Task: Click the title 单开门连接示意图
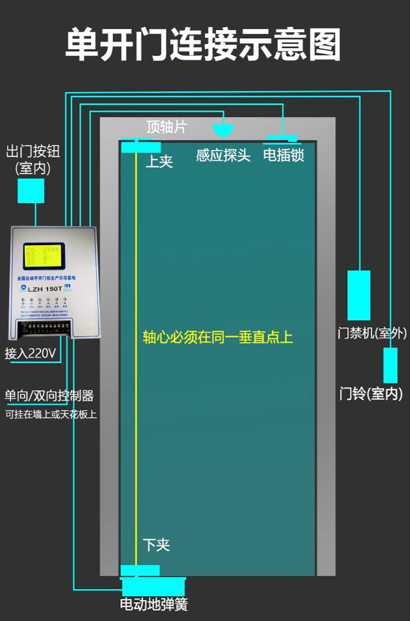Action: click(203, 45)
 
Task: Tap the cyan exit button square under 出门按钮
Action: click(31, 191)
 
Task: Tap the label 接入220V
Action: click(31, 353)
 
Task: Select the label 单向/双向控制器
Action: click(49, 395)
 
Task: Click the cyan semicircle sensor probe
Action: click(223, 131)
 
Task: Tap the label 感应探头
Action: click(223, 155)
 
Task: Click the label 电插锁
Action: click(283, 155)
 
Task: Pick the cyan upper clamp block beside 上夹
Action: click(141, 147)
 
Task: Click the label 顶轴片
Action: click(166, 127)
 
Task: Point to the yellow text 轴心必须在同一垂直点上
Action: click(218, 337)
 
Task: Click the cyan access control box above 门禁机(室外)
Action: click(359, 295)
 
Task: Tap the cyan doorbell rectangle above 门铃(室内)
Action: click(390, 365)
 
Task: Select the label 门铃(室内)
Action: click(371, 393)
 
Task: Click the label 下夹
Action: click(156, 545)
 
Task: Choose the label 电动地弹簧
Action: click(154, 604)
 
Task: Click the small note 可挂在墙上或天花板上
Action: click(51, 414)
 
